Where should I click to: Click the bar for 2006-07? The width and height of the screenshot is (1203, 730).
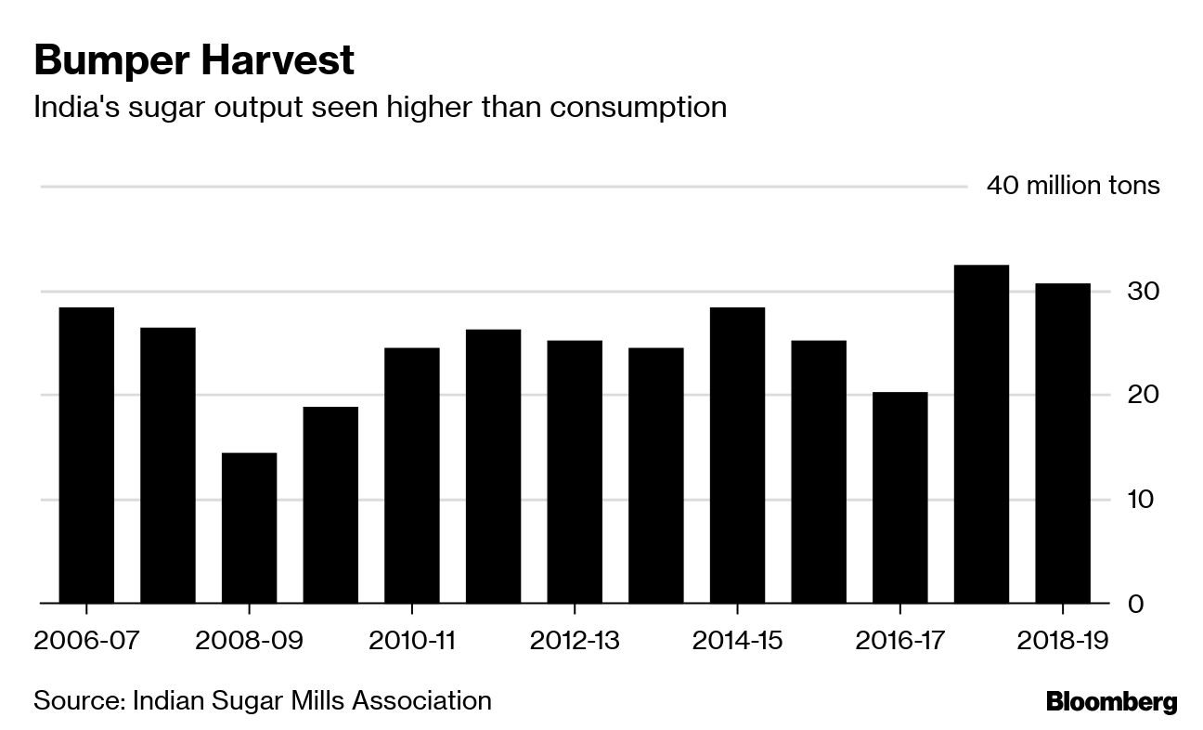tap(86, 455)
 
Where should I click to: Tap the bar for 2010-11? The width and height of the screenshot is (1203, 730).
tap(411, 476)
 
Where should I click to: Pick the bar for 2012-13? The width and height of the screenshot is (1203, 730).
tap(575, 472)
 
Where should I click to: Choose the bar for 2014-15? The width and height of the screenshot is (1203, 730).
tap(737, 455)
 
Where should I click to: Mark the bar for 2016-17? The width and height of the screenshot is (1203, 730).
tap(899, 498)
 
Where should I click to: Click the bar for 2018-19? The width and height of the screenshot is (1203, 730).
tap(1063, 443)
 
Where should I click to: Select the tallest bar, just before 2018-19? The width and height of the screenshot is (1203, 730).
tap(981, 434)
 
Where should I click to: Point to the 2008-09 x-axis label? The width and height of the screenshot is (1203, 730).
tap(249, 641)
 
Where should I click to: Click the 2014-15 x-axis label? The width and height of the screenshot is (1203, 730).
tap(737, 641)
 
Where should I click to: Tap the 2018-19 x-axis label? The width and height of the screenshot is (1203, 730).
tap(1063, 641)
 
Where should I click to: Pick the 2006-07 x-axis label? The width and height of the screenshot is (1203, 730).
tap(86, 641)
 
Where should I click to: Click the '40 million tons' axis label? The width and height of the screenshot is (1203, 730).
tap(1073, 186)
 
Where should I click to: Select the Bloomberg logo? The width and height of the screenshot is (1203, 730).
tap(1111, 702)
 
